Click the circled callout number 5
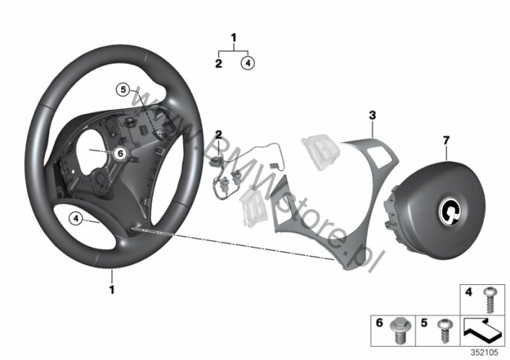(123, 89)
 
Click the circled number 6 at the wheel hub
(120, 153)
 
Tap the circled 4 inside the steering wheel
(76, 219)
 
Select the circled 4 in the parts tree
(248, 63)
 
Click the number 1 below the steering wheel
(112, 289)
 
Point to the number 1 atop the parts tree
(233, 38)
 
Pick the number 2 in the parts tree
(219, 63)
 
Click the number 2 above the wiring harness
(219, 134)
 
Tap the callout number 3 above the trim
(372, 115)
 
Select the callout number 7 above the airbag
(446, 141)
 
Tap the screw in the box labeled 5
(444, 331)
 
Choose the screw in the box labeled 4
(489, 300)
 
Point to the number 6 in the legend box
(380, 323)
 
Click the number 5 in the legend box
(424, 323)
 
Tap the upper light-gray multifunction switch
(320, 152)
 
